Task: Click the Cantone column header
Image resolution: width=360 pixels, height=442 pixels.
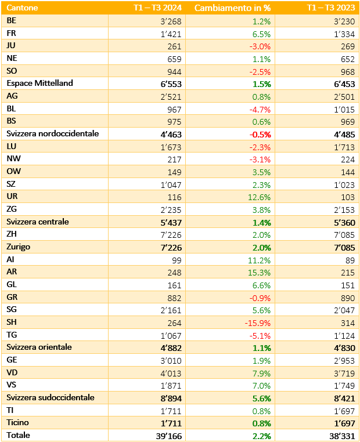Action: (x=22, y=8)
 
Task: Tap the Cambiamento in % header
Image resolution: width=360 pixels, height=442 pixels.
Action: (x=232, y=8)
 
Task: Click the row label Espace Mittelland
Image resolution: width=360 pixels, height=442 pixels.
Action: (x=39, y=83)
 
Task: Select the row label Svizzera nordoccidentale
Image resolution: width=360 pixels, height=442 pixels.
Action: (x=53, y=133)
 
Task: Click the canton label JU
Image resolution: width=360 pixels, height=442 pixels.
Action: (x=11, y=45)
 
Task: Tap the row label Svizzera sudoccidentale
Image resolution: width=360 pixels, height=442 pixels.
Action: (x=51, y=397)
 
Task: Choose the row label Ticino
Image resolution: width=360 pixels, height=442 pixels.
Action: (x=19, y=422)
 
